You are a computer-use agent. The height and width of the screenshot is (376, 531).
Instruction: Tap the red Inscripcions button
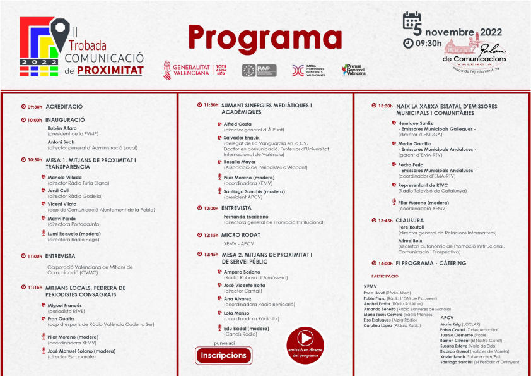click(224, 355)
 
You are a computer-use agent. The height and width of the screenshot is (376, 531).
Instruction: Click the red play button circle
click(305, 337)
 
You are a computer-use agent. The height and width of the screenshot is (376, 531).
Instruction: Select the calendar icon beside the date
click(412, 21)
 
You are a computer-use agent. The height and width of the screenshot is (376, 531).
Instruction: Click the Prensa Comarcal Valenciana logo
click(354, 70)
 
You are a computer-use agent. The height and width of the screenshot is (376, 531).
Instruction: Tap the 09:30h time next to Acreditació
click(35, 107)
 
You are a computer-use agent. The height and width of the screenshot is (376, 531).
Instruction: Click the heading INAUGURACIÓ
click(65, 119)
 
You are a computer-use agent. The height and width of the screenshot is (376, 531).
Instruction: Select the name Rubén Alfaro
click(62, 128)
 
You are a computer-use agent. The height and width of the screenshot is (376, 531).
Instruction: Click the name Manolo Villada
click(65, 178)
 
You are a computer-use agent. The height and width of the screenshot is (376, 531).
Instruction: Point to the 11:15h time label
click(35, 287)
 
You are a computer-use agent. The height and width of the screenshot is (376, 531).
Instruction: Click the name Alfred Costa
click(238, 124)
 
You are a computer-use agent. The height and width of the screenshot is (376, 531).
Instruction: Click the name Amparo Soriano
click(241, 271)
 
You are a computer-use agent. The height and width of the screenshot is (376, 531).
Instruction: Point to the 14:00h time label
click(385, 263)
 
